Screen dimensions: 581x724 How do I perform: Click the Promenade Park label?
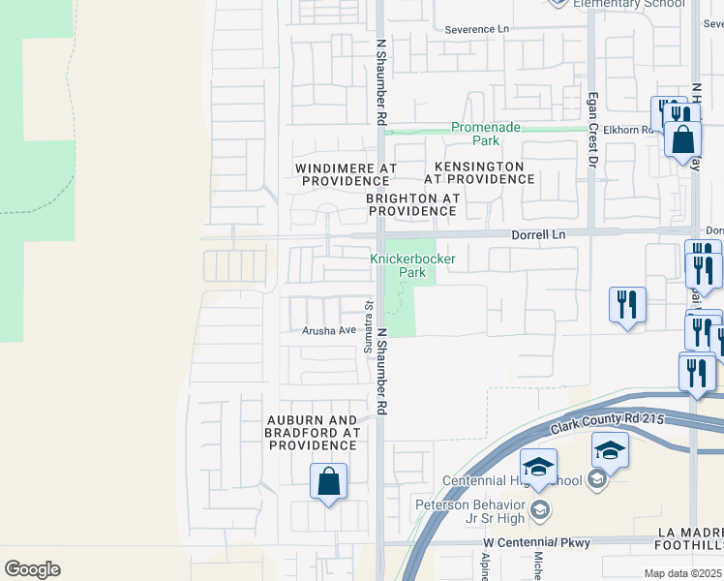[487, 134]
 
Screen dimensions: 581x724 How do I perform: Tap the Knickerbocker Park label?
[398, 265]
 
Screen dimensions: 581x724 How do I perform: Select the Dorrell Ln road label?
[538, 234]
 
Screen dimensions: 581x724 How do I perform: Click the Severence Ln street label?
[476, 29]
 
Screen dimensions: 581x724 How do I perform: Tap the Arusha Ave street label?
[328, 330]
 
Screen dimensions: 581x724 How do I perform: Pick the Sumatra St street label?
[369, 326]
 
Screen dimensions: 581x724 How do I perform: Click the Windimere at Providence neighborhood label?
[346, 174]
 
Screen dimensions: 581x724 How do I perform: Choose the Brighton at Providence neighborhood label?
[412, 204]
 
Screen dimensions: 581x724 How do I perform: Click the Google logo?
[32, 569]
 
